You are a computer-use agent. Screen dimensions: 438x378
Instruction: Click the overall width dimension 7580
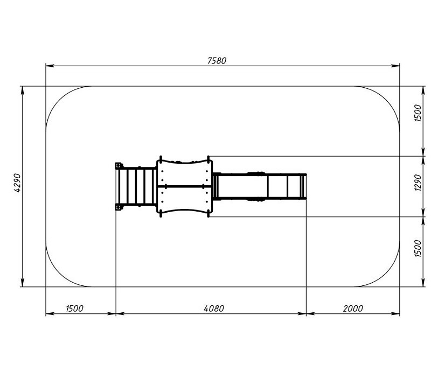(x=217, y=61)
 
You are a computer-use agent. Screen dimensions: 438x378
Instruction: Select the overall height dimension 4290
(x=17, y=183)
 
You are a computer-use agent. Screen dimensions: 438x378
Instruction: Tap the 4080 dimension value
(x=214, y=309)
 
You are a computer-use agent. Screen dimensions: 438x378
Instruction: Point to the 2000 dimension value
(x=353, y=309)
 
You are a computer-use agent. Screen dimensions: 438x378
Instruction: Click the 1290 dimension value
(x=418, y=183)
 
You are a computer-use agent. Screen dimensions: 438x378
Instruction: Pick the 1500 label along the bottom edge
(x=74, y=309)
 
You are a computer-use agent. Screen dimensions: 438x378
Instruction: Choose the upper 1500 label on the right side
(x=418, y=113)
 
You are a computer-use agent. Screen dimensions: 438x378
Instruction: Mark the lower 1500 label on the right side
(x=418, y=248)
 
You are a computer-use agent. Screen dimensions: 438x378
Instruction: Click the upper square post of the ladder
(x=119, y=165)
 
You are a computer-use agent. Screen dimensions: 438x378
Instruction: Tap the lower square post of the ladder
(x=119, y=207)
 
